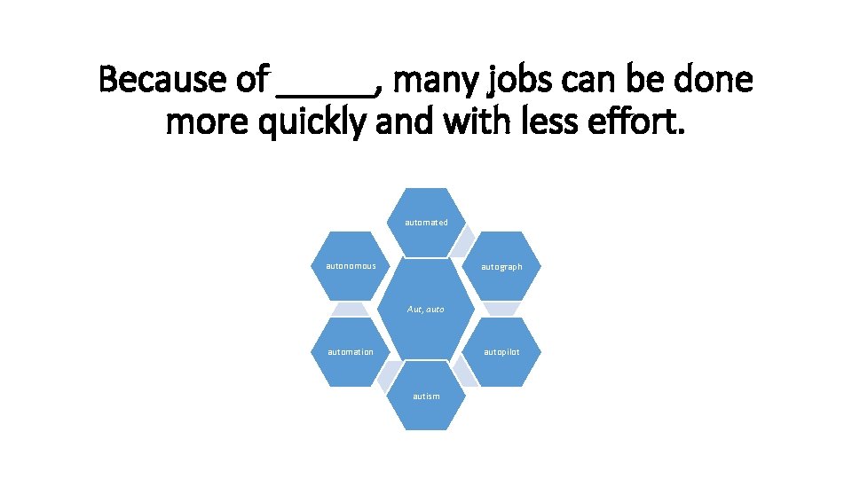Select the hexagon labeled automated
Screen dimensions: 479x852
coord(426,222)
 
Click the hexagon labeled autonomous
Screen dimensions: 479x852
coord(351,266)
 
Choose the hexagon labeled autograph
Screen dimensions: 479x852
coord(501,266)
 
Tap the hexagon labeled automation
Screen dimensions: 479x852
coord(351,352)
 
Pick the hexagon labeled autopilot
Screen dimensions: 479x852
coord(501,352)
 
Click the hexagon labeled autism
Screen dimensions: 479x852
coord(426,396)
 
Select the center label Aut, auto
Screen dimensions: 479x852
coord(426,310)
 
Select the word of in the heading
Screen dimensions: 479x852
coord(252,80)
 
